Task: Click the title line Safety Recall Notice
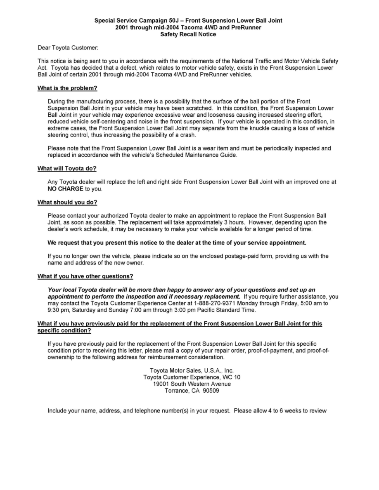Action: [188, 34]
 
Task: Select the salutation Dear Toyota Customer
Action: [68, 48]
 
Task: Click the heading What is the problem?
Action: [67, 88]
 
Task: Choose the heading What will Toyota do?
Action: [67, 168]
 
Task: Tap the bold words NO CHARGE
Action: [66, 188]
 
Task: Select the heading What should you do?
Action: [67, 202]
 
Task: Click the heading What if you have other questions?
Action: [85, 276]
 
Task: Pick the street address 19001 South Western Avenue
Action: [192, 384]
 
